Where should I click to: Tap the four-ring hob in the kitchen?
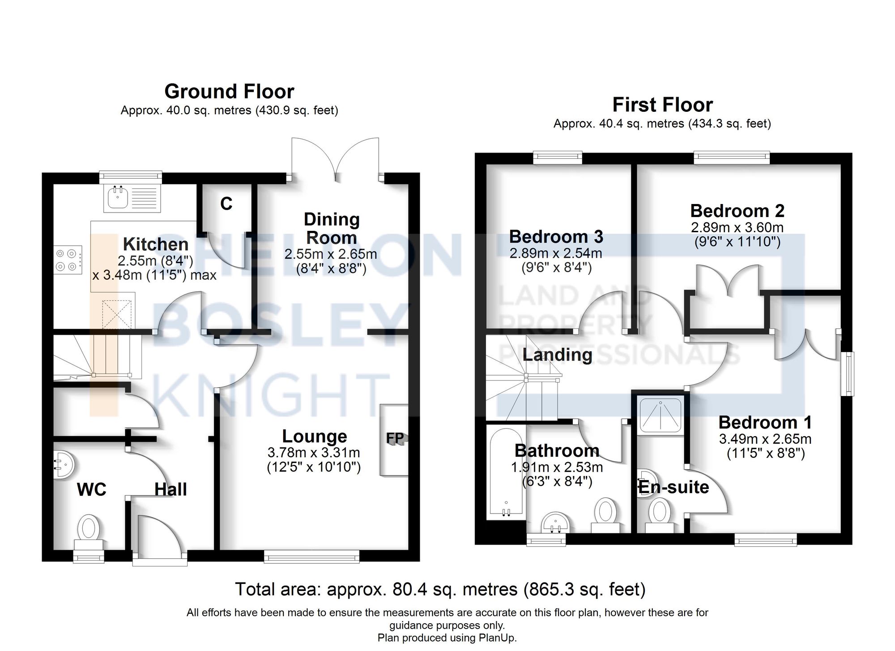(68, 260)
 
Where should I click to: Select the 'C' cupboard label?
(226, 204)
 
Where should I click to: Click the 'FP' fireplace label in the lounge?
(395, 438)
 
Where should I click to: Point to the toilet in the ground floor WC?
(89, 532)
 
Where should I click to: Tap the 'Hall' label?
(170, 489)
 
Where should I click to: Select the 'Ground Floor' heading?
(229, 91)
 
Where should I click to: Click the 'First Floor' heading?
(662, 105)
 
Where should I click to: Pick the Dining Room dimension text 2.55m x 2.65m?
(331, 254)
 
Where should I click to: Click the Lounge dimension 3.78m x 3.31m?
(314, 453)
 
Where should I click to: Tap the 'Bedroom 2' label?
(737, 211)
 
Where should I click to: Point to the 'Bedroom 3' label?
(556, 236)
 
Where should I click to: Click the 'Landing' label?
(558, 355)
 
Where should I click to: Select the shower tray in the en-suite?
(661, 416)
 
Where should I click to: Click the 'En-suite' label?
(673, 487)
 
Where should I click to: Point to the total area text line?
(440, 589)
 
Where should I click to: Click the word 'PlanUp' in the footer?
(499, 638)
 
